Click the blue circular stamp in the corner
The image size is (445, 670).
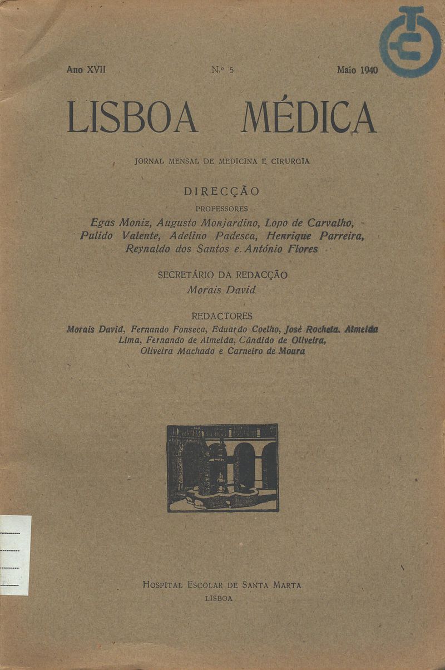point(410,42)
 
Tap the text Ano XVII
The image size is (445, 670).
point(86,70)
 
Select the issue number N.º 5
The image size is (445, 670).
point(222,70)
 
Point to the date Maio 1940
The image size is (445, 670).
point(357,70)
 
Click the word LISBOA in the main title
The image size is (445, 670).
point(132,117)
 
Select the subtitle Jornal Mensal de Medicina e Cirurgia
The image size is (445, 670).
point(222,161)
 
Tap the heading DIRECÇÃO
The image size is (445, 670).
point(221,191)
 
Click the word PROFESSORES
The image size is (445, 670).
point(222,209)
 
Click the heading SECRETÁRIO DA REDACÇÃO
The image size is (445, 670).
point(222,275)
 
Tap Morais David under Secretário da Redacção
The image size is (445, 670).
point(221,290)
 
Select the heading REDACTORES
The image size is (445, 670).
point(221,316)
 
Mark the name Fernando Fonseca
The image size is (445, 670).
point(165,329)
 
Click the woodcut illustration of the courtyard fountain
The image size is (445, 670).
point(222,467)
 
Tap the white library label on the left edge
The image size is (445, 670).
point(15,555)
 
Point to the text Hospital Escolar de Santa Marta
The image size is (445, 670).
point(222,585)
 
